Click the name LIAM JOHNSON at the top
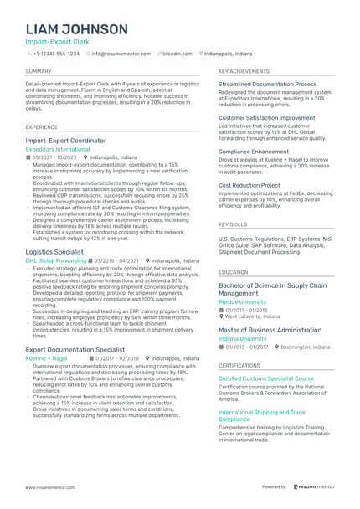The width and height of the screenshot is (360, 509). [x=77, y=29]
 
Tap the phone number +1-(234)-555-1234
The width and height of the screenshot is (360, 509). [x=56, y=53]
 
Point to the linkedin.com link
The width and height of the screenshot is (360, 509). [x=177, y=53]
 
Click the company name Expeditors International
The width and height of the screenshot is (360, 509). [x=57, y=149]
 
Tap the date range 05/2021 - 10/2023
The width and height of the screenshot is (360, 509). [x=54, y=157]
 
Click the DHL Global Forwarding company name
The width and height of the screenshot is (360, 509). [x=55, y=260]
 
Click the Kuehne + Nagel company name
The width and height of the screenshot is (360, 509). [x=46, y=357]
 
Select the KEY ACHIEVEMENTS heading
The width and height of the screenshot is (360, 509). [x=244, y=72]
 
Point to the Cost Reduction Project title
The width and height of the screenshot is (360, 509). [x=249, y=184]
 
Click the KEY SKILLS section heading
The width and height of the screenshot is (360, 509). [x=233, y=224]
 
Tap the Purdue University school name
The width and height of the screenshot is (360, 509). [x=243, y=302]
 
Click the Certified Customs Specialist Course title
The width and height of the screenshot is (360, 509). [x=266, y=378]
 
